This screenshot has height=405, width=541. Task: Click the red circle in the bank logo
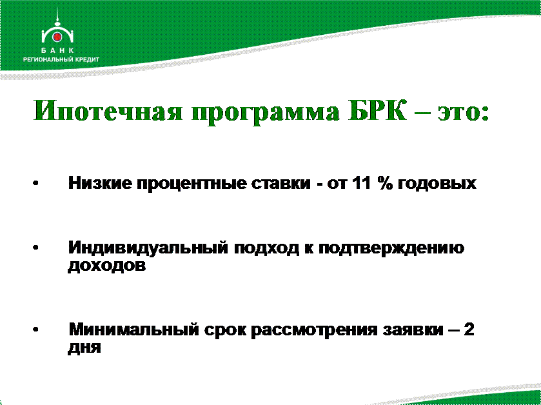pos(57,37)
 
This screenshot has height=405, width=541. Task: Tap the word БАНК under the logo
pos(57,50)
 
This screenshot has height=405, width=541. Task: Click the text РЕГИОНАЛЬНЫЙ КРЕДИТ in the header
pos(61,59)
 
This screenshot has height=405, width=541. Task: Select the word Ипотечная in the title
pos(108,111)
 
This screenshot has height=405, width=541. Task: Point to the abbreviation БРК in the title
pos(377,110)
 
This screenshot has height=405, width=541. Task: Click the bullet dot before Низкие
pos(35,184)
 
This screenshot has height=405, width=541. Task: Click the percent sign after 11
pos(385,183)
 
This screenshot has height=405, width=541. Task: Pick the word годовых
pos(437,184)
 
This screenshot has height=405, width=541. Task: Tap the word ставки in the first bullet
pos(281,184)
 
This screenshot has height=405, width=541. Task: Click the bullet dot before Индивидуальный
pos(35,248)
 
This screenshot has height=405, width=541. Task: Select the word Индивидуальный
pos(148,248)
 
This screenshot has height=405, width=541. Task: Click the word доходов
pos(107,265)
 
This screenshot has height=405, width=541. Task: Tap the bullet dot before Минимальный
pos(35,330)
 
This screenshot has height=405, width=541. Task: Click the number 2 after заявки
pos(469,329)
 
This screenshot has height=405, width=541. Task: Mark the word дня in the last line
pos(84,347)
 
